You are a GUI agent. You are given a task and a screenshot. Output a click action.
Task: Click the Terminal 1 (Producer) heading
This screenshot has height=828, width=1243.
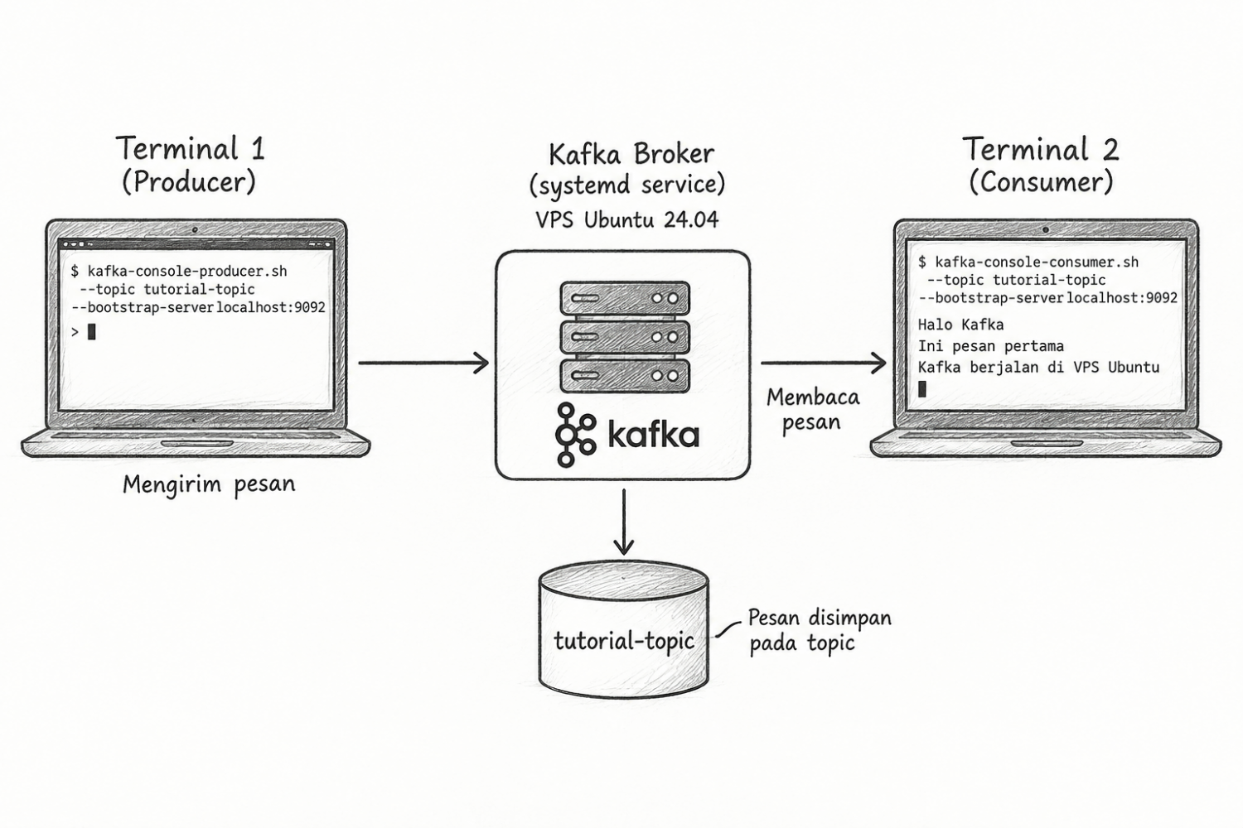pos(190,166)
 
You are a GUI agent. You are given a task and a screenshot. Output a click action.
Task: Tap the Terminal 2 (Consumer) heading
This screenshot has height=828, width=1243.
pos(1041,166)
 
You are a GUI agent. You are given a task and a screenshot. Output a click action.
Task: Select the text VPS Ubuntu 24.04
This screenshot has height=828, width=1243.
pos(627,220)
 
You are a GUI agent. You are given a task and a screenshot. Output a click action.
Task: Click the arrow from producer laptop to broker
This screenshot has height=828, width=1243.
pos(424,363)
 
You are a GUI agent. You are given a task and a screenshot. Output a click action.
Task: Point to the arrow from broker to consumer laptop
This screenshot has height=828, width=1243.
pos(824,363)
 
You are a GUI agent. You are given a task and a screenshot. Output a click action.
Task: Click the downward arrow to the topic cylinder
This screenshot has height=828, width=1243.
pos(624,522)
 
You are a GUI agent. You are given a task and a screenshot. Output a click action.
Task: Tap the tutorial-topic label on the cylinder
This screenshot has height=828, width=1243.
pos(624,641)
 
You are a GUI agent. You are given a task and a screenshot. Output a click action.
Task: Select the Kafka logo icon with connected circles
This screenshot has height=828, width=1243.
pos(575,435)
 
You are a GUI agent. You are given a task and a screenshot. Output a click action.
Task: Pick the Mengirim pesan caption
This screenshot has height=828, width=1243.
pos(209,484)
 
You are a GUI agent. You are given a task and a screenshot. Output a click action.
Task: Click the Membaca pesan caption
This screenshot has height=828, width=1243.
pos(813,410)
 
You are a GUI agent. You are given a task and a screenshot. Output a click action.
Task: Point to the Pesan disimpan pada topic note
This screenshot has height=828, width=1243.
pos(820,631)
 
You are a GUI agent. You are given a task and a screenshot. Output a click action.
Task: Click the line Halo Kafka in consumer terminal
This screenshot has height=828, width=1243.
pos(961,325)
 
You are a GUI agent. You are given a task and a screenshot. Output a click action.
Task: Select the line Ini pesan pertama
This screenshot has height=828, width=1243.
pos(991,346)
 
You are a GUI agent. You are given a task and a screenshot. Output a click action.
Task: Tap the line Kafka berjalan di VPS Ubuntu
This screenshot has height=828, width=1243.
pos(1039,367)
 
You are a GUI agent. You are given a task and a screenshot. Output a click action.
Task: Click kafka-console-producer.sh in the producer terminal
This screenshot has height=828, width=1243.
pos(187,272)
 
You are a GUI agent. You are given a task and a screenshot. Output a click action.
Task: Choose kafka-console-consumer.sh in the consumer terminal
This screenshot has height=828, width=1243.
pos(1037,262)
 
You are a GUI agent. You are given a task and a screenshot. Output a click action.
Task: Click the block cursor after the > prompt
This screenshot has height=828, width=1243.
pos(91,332)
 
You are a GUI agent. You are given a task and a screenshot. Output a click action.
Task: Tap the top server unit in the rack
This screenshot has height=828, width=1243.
pos(625,298)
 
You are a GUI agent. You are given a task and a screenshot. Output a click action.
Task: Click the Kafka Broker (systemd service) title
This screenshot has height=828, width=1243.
pos(628,169)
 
